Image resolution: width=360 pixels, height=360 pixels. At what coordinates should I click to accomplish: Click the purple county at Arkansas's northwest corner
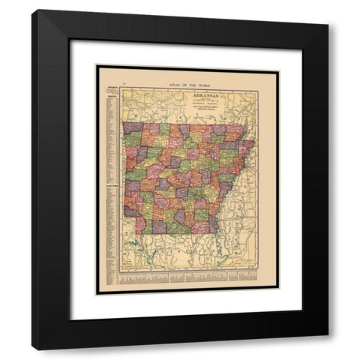[132, 128]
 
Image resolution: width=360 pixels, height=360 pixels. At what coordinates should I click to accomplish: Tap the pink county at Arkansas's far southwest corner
[139, 225]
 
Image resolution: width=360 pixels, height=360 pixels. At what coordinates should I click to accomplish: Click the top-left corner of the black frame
[32, 10]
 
